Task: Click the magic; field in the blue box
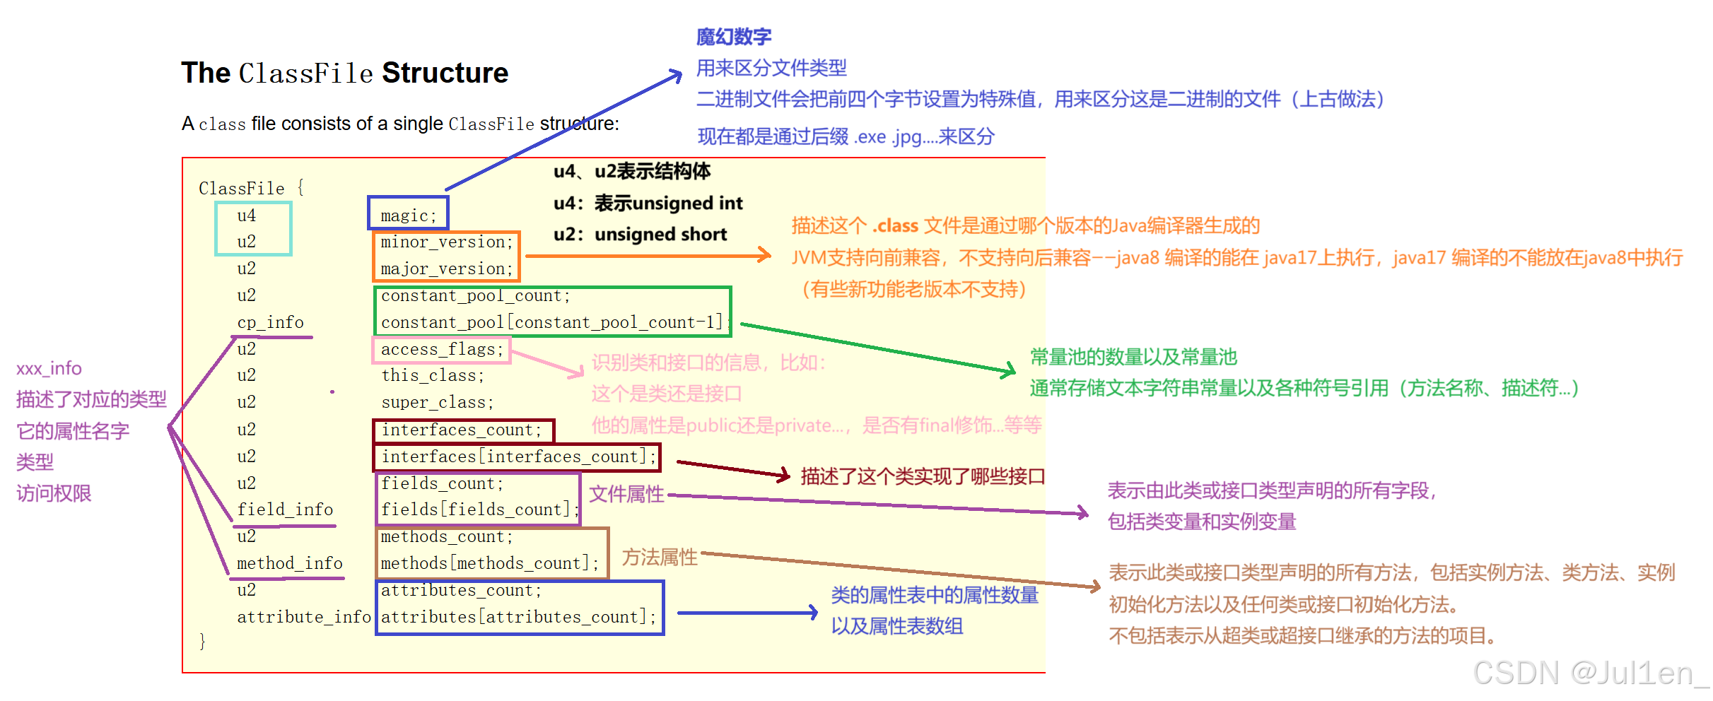408,215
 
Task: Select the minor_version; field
446,242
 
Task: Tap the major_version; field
446,269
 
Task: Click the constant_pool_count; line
475,295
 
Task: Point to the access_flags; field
442,349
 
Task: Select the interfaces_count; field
462,430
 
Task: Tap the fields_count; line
442,483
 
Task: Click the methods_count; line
447,536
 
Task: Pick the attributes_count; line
461,590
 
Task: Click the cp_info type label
270,322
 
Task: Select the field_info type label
285,509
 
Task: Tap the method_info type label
290,563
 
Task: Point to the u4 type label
246,216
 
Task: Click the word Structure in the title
445,73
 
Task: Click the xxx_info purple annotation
49,368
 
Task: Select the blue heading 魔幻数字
733,37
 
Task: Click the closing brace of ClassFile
202,641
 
